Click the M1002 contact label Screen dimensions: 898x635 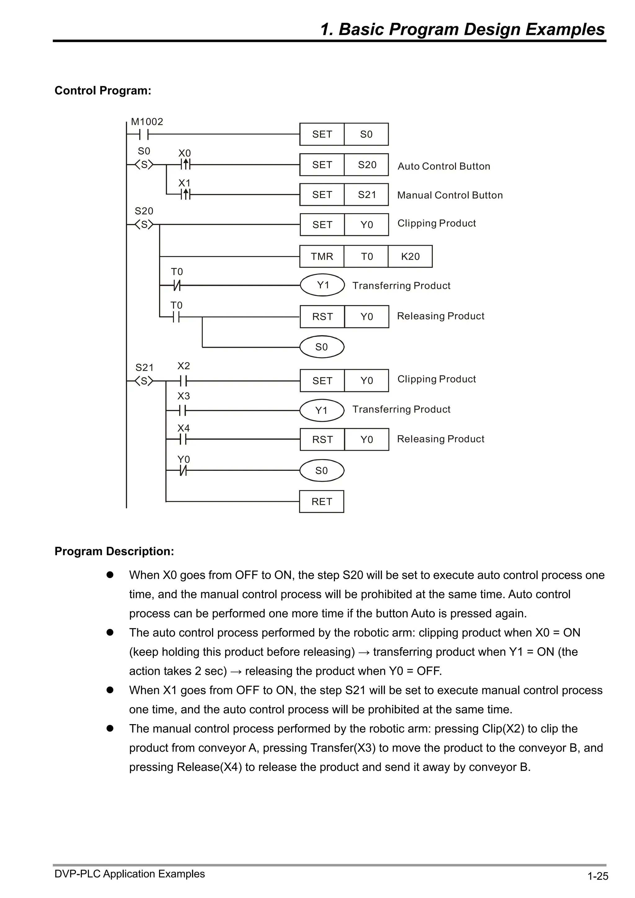[147, 122]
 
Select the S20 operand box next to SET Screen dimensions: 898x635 [366, 165]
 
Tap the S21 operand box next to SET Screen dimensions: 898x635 [366, 194]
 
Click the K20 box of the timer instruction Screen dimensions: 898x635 [410, 257]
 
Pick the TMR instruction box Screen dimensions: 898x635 [322, 257]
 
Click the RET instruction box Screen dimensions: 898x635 [322, 502]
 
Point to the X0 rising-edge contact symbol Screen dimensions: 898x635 [186, 165]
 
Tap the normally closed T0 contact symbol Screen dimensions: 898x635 [177, 285]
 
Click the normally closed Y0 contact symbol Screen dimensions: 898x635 [183, 471]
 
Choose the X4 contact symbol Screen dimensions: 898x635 [183, 439]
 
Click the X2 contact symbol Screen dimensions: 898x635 [183, 381]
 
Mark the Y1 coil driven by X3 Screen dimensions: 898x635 [322, 410]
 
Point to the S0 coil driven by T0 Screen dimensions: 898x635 [322, 347]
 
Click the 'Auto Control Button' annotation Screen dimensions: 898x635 [444, 166]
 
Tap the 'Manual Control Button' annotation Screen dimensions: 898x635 [450, 195]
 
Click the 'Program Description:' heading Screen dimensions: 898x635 [114, 551]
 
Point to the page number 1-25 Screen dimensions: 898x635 [597, 876]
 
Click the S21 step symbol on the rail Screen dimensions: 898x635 [144, 381]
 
